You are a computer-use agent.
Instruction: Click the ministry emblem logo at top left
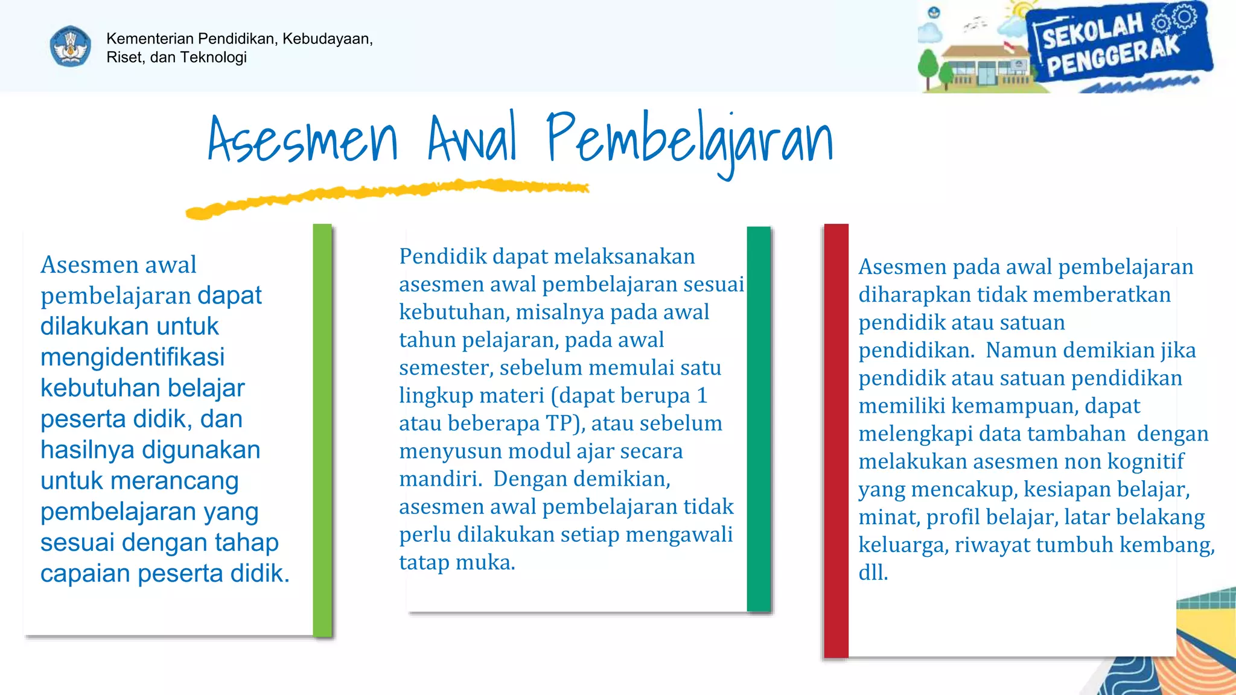point(71,46)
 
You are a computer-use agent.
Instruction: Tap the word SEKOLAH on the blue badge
point(1092,31)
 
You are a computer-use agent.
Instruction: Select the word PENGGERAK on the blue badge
point(1112,57)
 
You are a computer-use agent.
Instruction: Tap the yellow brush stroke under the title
point(386,194)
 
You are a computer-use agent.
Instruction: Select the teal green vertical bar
point(759,419)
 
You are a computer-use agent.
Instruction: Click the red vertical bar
point(836,440)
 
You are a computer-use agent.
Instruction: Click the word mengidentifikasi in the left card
point(132,357)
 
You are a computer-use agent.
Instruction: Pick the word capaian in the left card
point(85,574)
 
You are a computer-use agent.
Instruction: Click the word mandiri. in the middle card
point(441,479)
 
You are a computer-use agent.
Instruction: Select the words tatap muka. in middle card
point(457,562)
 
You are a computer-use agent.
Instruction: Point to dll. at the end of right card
point(873,573)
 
